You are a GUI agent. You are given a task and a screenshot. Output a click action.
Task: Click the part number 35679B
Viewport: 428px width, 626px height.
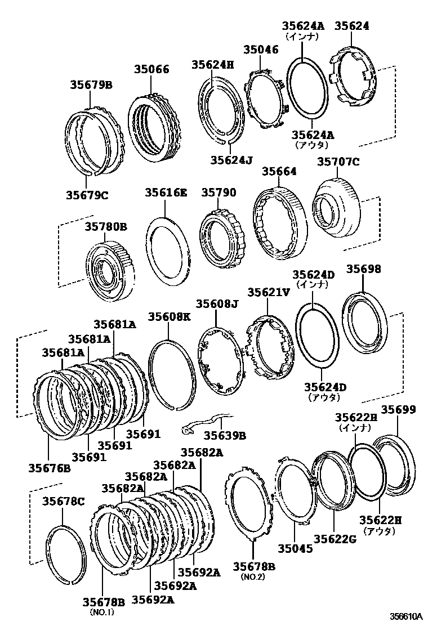(x=91, y=85)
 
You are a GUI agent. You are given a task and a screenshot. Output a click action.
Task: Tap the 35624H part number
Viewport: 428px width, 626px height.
(x=212, y=64)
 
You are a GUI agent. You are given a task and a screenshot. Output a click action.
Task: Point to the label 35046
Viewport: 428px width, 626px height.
(x=261, y=50)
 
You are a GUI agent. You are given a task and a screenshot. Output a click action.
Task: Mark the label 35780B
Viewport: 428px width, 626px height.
(x=106, y=227)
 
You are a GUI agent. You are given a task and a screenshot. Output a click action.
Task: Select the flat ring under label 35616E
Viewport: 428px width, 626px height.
(x=168, y=251)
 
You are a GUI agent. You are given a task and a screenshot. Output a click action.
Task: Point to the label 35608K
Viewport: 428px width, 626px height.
(x=169, y=317)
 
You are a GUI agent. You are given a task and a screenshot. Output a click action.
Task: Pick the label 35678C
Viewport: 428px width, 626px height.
(x=63, y=502)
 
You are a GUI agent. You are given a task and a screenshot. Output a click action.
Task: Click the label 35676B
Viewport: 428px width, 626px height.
(x=50, y=468)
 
